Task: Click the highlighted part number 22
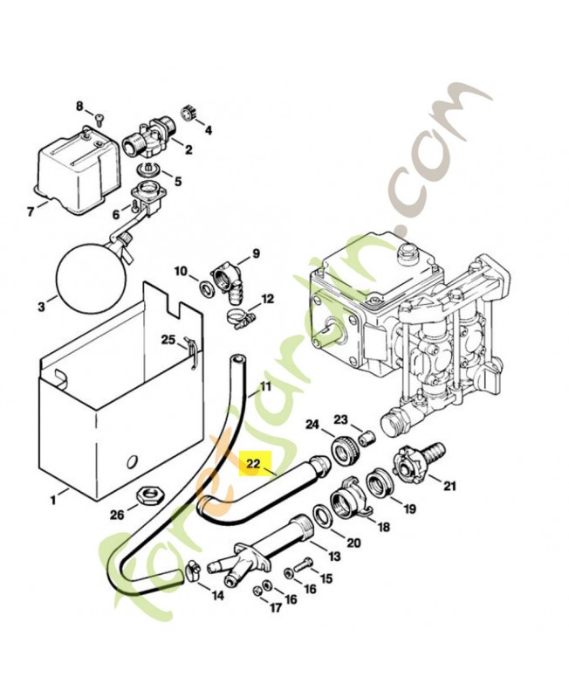pos(255,464)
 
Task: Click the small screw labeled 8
pos(97,121)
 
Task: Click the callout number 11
pos(266,385)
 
